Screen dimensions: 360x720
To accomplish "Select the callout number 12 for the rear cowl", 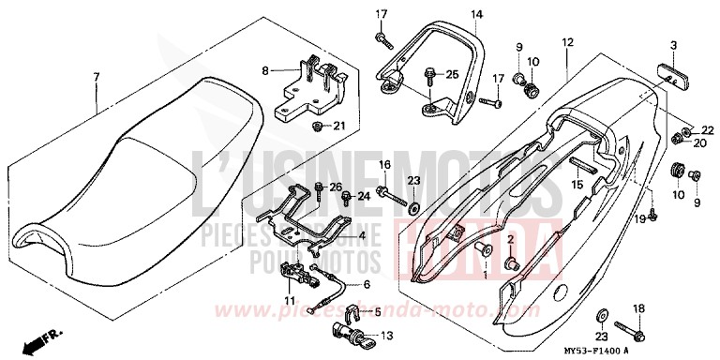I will click(x=567, y=43).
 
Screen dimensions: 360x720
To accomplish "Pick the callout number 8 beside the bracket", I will click(x=265, y=70).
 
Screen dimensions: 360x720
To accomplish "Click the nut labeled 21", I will click(x=318, y=125).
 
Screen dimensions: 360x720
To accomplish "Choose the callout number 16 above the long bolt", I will click(x=382, y=165).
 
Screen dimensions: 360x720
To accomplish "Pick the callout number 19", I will click(x=640, y=217).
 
